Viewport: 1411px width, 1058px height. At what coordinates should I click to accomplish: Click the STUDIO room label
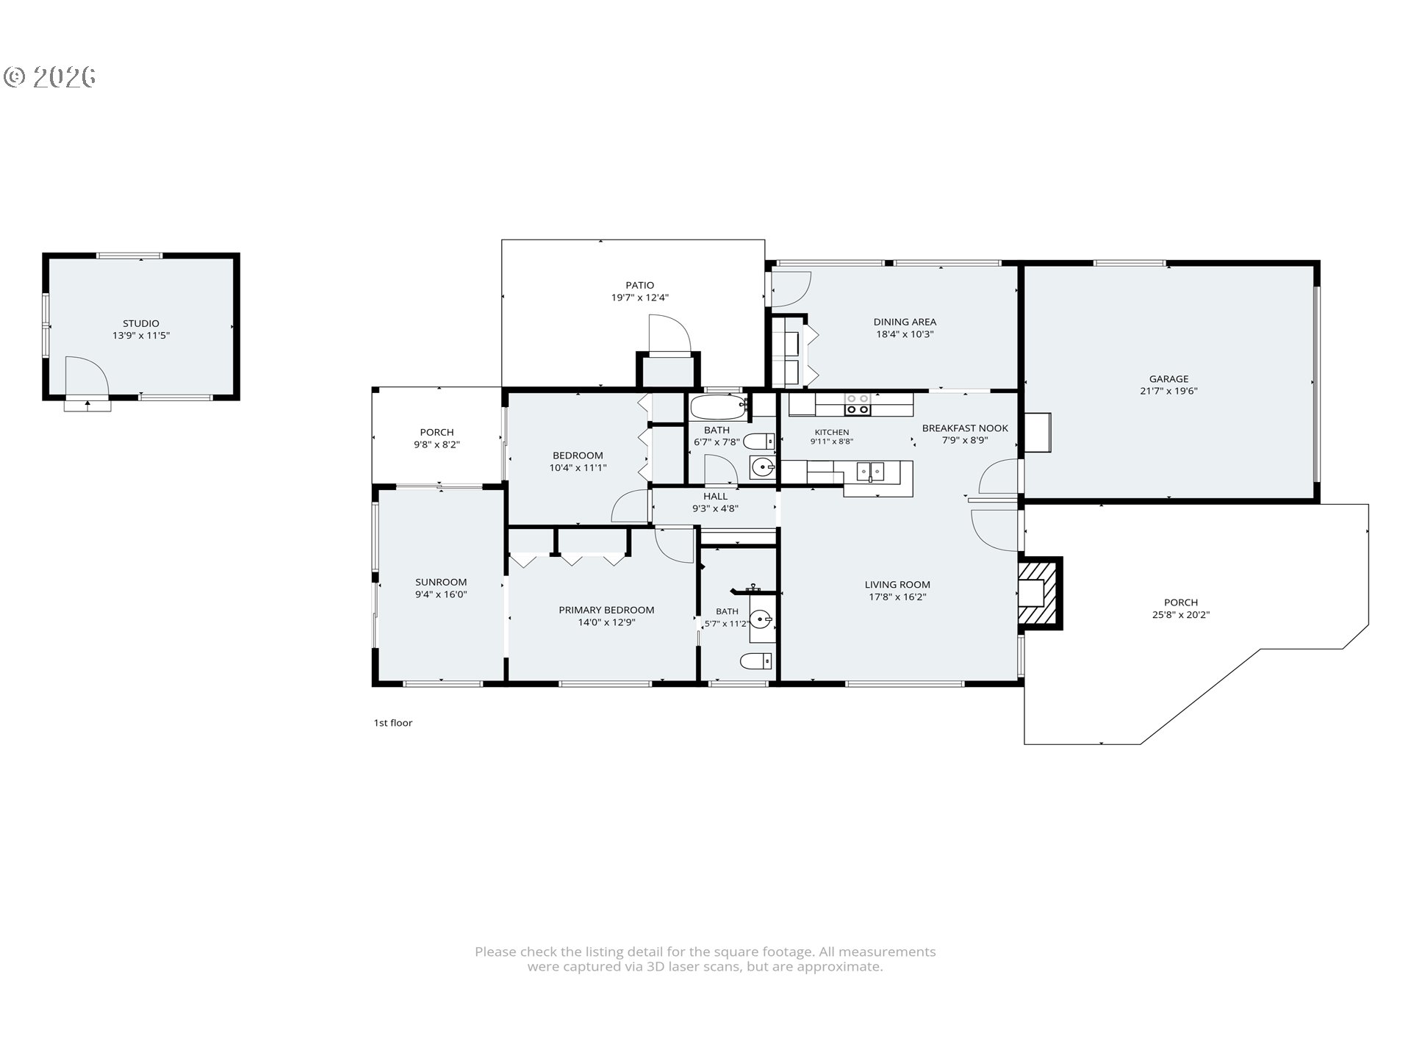(140, 323)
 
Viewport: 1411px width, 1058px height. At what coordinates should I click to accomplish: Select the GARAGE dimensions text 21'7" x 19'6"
(1168, 392)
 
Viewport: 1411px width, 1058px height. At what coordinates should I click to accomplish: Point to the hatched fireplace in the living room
(1040, 593)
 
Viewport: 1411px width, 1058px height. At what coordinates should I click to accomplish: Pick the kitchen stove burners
(858, 404)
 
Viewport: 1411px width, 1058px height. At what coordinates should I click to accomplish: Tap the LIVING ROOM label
(897, 585)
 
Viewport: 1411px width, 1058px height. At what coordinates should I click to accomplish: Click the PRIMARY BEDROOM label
(606, 610)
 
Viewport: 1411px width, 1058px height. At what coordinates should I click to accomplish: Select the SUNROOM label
(441, 583)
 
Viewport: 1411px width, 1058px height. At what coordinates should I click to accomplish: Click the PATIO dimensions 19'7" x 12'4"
(639, 298)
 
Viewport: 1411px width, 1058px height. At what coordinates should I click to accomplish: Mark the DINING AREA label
(905, 322)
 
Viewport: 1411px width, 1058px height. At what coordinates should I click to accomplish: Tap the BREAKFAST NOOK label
(965, 428)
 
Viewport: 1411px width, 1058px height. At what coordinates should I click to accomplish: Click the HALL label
(715, 497)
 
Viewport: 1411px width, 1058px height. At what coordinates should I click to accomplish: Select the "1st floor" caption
(393, 723)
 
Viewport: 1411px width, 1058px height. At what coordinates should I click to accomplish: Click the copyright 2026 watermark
(50, 77)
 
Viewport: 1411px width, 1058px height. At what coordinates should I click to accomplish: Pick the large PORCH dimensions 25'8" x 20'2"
(1181, 615)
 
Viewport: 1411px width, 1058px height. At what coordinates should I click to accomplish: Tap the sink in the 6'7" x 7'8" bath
(763, 467)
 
